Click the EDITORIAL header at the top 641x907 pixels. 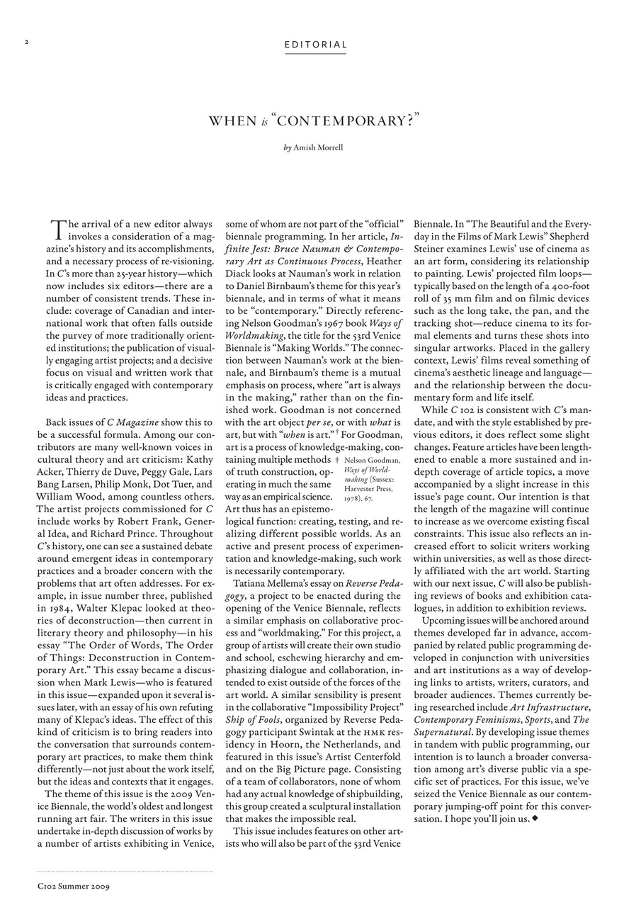pyautogui.click(x=315, y=45)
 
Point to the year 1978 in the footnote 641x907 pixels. pyautogui.click(x=353, y=497)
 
